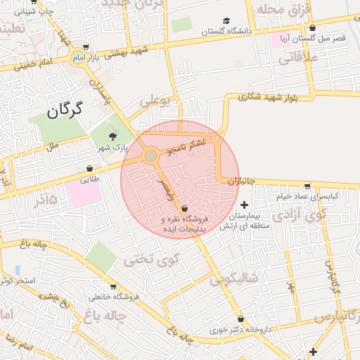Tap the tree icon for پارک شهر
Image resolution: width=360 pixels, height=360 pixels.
(x=113, y=136)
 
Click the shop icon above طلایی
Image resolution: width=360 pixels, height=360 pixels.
(x=89, y=169)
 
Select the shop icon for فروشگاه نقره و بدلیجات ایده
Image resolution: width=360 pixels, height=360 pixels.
(x=184, y=209)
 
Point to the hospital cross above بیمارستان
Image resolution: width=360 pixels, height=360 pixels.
(x=244, y=205)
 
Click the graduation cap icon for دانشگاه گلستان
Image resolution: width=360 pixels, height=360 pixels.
(x=226, y=21)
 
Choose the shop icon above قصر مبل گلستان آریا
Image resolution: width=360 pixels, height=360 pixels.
(x=312, y=28)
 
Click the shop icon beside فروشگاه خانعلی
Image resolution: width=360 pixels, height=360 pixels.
(x=113, y=286)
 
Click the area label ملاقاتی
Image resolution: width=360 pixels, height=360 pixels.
(x=298, y=58)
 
